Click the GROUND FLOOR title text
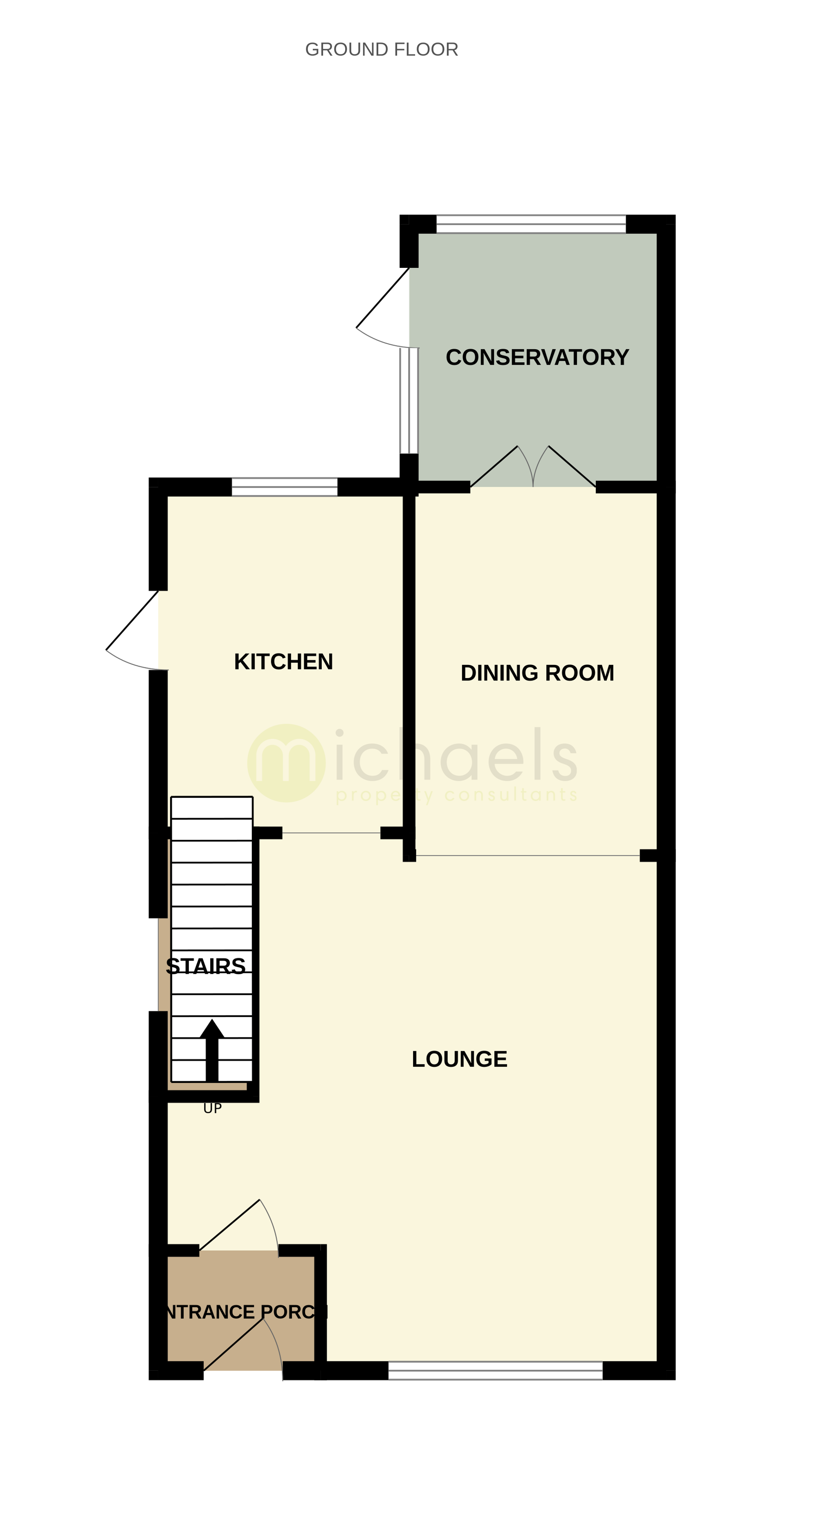381,49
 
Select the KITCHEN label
283,662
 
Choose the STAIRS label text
205,966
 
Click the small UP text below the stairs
212,1108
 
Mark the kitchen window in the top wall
284,487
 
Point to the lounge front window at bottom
495,1370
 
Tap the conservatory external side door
382,306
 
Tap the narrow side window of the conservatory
409,401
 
